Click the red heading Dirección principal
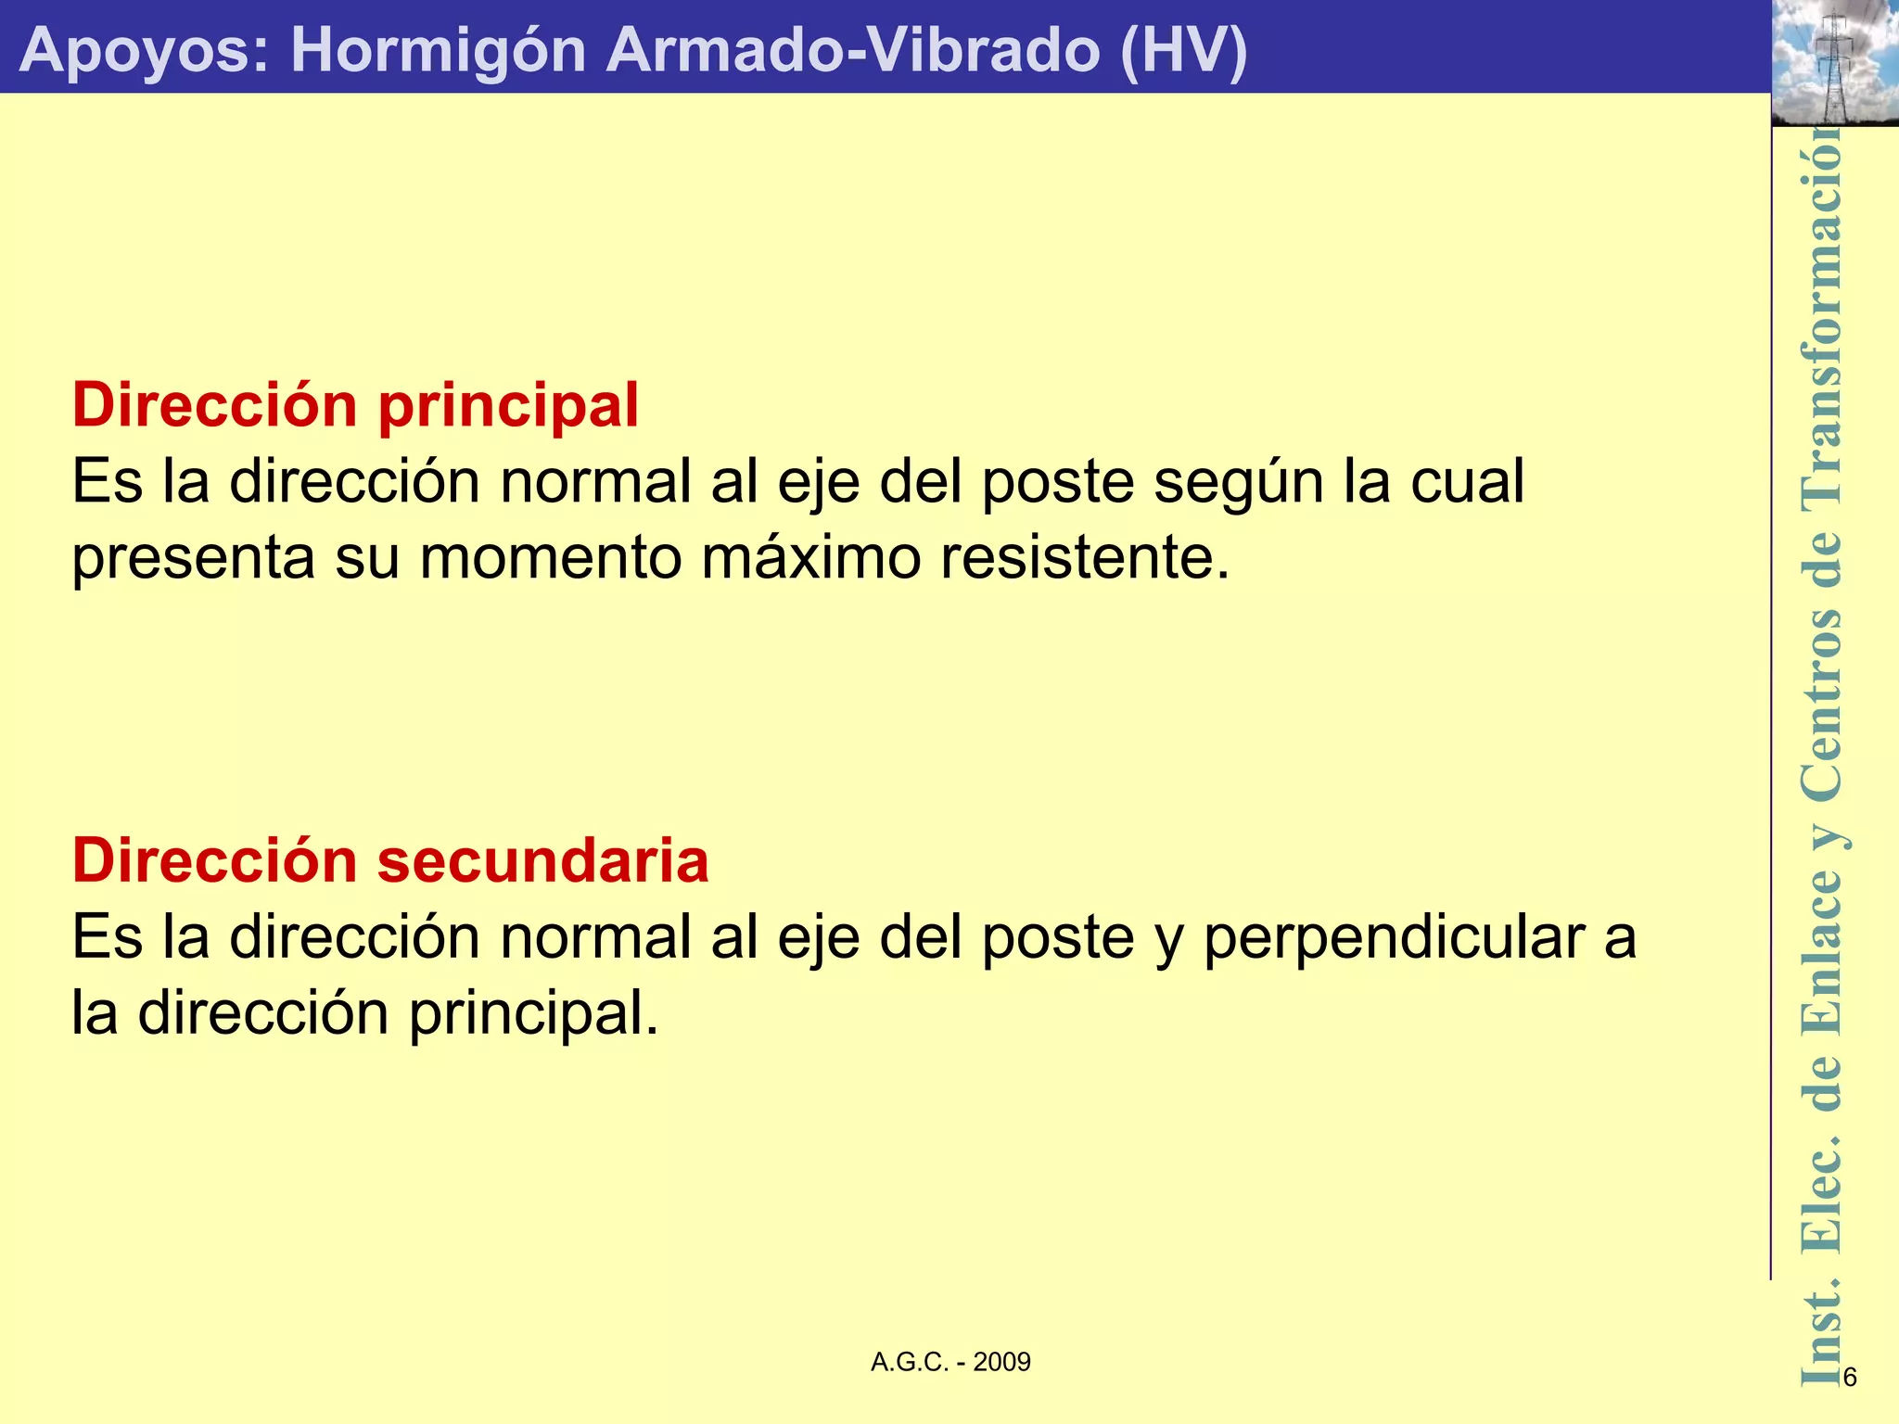tap(355, 405)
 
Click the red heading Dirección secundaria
tap(390, 860)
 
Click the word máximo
tap(810, 558)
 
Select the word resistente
tap(1085, 558)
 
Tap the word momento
tap(551, 558)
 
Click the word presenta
tap(193, 558)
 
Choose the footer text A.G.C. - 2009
tap(950, 1362)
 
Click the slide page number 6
tap(1850, 1378)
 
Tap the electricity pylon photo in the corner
tap(1834, 63)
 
